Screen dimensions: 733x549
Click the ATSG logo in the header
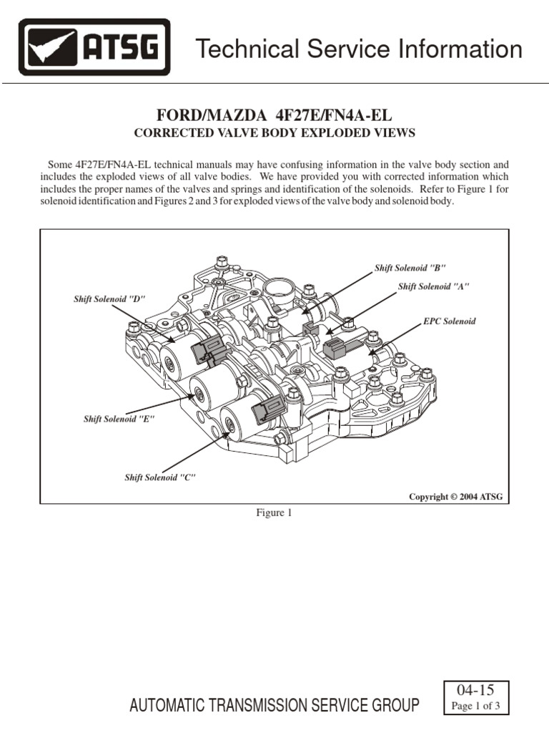94,48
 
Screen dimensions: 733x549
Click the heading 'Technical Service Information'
359,49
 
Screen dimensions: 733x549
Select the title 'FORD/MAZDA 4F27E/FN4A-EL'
274,116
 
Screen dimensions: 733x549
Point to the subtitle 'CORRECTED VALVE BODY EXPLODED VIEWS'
274,133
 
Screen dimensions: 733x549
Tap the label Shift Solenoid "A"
434,286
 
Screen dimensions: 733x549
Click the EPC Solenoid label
449,321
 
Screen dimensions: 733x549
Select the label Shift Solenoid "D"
109,298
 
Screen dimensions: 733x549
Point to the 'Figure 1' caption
274,513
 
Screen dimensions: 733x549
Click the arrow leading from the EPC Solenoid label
395,340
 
